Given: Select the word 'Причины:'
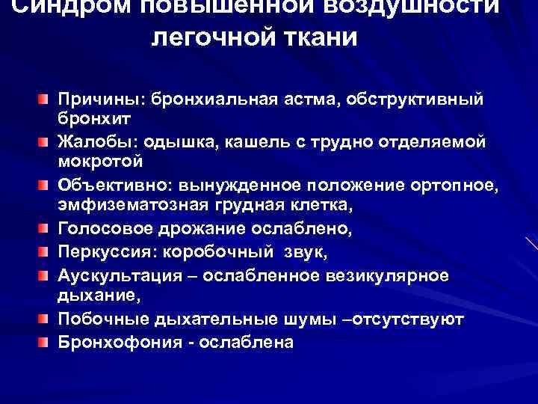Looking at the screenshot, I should pyautogui.click(x=102, y=100).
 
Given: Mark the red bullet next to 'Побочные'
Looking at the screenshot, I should pyautogui.click(x=45, y=319).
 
